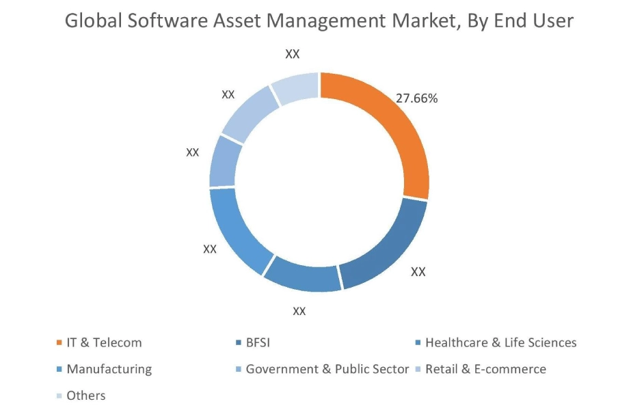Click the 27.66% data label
pos(416,98)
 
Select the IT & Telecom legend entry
pos(103,342)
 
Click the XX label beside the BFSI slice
pos(418,271)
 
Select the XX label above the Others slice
pos(293,54)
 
